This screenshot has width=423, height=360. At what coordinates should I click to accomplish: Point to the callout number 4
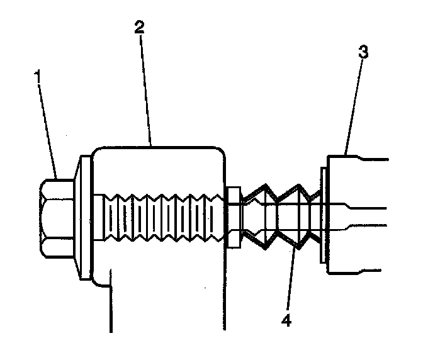pyautogui.click(x=286, y=320)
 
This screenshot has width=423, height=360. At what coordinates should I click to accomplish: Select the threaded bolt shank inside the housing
pyautogui.click(x=161, y=218)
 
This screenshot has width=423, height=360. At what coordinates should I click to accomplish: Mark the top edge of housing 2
pyautogui.click(x=157, y=147)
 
